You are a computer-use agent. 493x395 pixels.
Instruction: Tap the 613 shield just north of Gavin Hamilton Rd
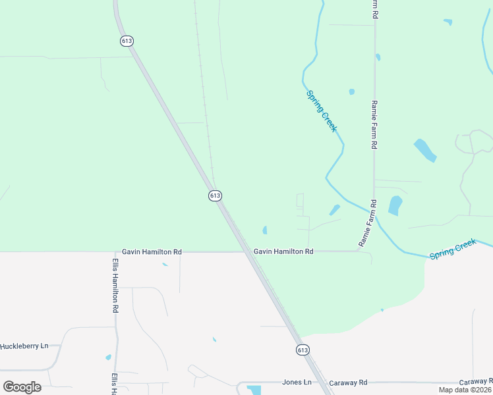coord(215,196)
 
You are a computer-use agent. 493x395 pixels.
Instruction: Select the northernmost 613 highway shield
coord(127,41)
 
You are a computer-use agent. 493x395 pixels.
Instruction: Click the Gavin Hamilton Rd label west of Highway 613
coord(152,252)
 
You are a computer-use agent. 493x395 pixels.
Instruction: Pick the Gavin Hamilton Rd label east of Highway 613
coord(283,251)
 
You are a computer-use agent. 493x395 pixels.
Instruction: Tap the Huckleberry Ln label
coord(25,346)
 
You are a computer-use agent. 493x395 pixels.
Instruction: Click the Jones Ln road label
coord(296,382)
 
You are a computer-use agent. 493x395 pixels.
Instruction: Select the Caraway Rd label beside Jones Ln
coord(348,382)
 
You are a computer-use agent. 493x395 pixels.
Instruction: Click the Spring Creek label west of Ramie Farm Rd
coord(322,111)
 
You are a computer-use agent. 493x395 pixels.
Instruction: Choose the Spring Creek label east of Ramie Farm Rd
coord(452,250)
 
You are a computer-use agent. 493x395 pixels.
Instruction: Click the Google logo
coord(22,387)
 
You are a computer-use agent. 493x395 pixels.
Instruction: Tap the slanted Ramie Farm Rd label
coord(368,224)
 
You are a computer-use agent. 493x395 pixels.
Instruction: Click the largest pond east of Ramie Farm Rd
coord(424,151)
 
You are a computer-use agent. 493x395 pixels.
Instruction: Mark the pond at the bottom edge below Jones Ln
coord(254,390)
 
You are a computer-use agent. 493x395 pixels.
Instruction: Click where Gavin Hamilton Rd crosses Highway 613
coord(249,251)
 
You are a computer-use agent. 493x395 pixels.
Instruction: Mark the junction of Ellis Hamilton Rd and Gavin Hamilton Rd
coord(115,251)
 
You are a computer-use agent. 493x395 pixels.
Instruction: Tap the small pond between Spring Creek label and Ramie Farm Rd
coord(351,92)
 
